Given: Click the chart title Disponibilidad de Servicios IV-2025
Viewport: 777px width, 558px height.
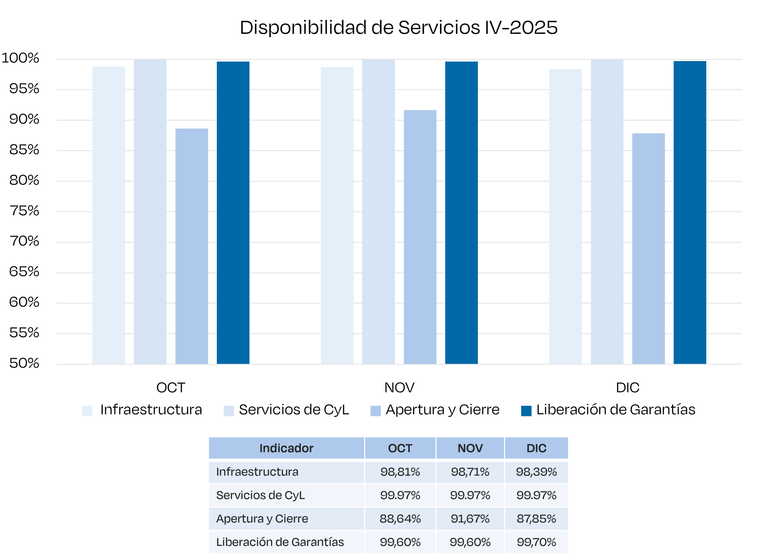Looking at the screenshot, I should point(399,27).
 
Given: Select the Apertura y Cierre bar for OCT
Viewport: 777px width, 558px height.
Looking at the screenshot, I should point(192,246).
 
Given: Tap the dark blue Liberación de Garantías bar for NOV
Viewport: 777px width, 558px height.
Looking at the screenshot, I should point(461,213).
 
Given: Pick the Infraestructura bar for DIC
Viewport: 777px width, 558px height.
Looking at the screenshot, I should point(565,216).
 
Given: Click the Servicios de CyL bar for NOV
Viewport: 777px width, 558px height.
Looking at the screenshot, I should point(378,212).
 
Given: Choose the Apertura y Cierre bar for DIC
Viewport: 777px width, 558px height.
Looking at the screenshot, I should point(648,248).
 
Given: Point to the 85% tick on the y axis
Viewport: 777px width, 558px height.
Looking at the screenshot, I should point(24,150).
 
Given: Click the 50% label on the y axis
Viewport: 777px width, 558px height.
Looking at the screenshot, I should point(24,363).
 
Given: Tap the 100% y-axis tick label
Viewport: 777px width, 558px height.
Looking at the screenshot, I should point(21,58).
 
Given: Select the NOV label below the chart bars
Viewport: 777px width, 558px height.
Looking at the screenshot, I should point(399,388).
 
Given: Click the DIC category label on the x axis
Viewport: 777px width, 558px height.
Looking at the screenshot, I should point(627,388).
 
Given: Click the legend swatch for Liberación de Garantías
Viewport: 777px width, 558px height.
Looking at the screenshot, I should point(526,411).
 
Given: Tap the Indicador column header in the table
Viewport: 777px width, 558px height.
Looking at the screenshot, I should point(286,448).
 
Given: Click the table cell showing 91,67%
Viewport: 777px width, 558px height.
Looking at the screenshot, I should point(470,518).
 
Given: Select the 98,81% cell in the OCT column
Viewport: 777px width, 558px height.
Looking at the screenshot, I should point(400,472).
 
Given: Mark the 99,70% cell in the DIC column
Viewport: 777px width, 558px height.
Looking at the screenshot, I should point(536,542).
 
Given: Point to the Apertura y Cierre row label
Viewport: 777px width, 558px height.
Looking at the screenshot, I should point(262,518).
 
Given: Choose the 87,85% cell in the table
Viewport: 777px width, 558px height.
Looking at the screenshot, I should point(536,518).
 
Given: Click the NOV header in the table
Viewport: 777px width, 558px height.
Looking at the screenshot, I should point(470,448).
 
